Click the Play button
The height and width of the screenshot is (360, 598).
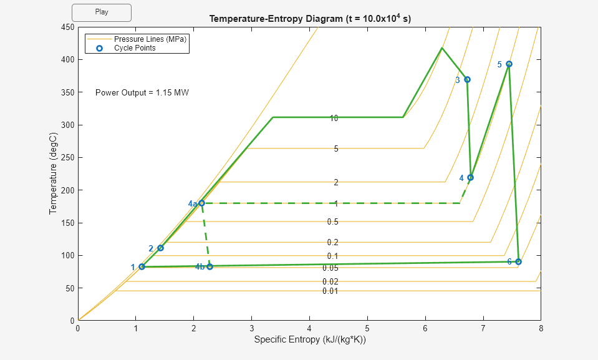coord(102,12)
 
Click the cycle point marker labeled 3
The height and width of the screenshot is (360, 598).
coord(467,79)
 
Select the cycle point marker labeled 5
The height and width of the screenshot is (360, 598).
coord(509,64)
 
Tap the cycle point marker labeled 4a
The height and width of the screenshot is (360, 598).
coord(201,203)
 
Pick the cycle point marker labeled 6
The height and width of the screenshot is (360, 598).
coord(518,261)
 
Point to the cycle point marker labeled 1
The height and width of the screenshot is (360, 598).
coord(142,266)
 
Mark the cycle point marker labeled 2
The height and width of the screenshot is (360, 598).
coord(160,248)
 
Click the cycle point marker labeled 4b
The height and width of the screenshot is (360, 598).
coord(210,266)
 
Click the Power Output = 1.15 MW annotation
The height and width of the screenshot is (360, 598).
coord(142,93)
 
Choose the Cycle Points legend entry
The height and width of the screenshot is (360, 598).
coord(135,48)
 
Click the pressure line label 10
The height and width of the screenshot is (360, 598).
coord(334,118)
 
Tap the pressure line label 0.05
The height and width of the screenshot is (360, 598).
coord(330,268)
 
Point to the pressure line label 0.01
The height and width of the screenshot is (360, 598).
coord(330,291)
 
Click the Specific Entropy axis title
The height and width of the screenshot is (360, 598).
coord(309,340)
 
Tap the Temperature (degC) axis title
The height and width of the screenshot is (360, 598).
coord(54,174)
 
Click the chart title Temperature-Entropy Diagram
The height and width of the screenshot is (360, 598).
coord(310,19)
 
